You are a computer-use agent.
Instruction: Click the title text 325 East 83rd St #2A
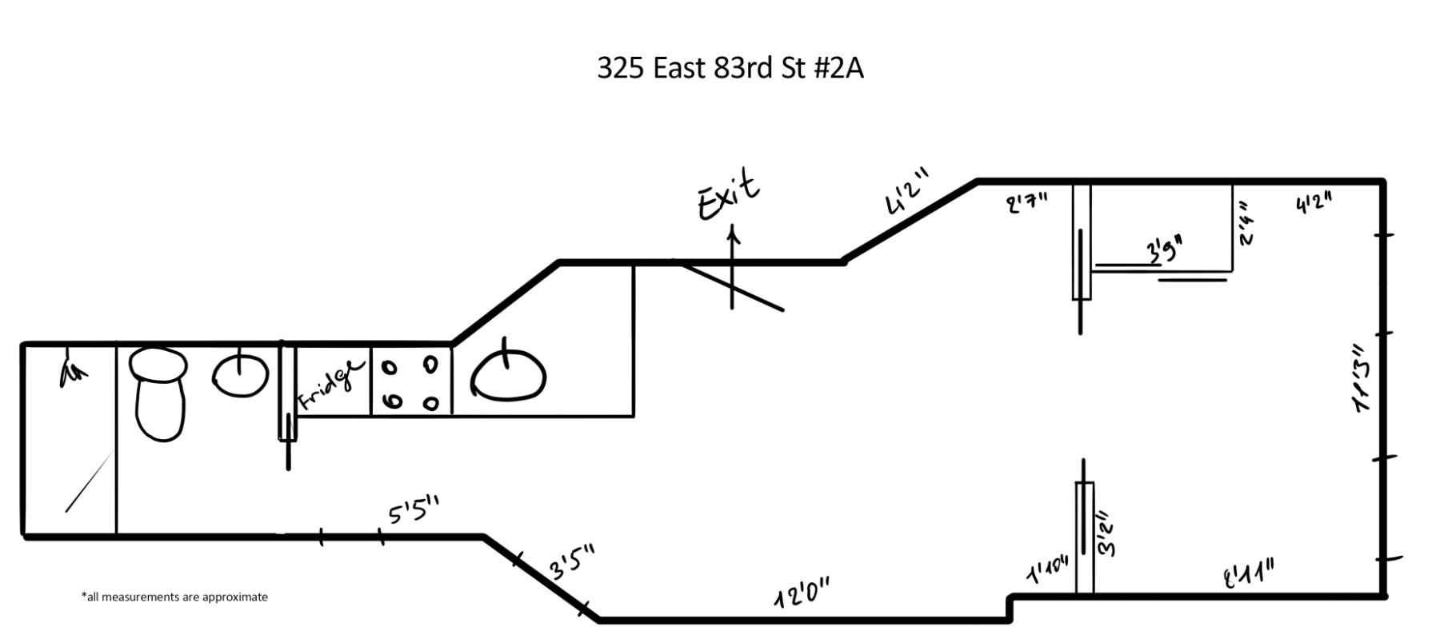click(730, 69)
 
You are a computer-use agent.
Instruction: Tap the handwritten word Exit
click(727, 194)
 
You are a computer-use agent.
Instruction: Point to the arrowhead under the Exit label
click(732, 232)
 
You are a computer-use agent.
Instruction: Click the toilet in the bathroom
click(159, 392)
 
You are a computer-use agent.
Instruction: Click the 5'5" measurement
click(414, 511)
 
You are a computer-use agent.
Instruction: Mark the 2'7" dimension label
click(1026, 203)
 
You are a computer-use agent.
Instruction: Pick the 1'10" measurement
click(1047, 571)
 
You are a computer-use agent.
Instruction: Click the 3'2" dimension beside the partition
click(1108, 533)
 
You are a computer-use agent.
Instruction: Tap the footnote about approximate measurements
click(174, 597)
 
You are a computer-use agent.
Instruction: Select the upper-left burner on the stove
click(390, 368)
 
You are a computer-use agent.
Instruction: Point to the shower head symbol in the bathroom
click(73, 372)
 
